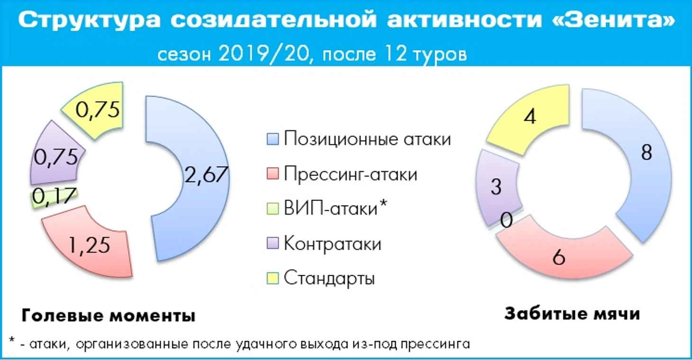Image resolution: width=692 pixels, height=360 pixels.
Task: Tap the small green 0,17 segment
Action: pos(54,198)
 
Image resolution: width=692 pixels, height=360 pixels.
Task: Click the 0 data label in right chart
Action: pos(506,220)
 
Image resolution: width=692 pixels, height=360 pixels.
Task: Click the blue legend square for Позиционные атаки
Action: pos(273,139)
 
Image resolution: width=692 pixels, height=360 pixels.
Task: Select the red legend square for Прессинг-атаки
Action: pos(273,173)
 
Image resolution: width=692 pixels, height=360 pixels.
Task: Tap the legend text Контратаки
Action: pos(333,244)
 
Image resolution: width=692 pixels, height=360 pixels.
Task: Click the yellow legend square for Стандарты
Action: pos(273,278)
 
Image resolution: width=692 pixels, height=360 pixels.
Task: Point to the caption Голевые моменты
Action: pos(109,315)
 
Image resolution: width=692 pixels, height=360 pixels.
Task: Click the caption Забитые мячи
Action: pos(572,314)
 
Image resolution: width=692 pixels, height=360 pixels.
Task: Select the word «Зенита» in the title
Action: pos(613,20)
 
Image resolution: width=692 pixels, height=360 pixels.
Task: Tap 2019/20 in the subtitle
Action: pos(264,54)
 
